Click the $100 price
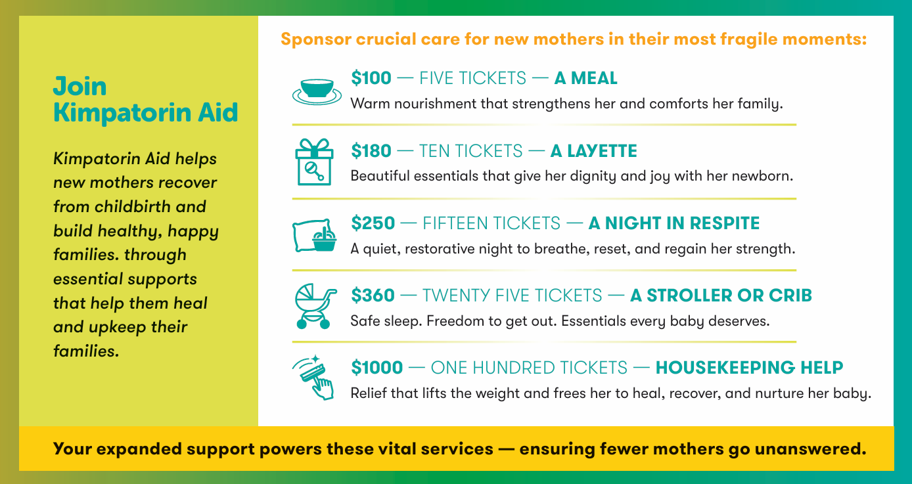click(x=371, y=78)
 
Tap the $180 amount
click(x=371, y=151)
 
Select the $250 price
click(x=373, y=223)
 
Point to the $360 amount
click(x=373, y=295)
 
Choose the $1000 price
click(x=377, y=368)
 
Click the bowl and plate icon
click(x=317, y=91)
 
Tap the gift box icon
click(x=314, y=162)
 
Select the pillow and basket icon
click(x=314, y=235)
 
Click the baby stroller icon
click(x=315, y=306)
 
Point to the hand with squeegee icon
click(x=314, y=378)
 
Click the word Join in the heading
click(x=80, y=86)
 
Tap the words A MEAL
click(x=586, y=78)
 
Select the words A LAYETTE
click(x=593, y=151)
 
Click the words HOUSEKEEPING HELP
click(x=749, y=368)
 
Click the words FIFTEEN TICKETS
click(x=491, y=223)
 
